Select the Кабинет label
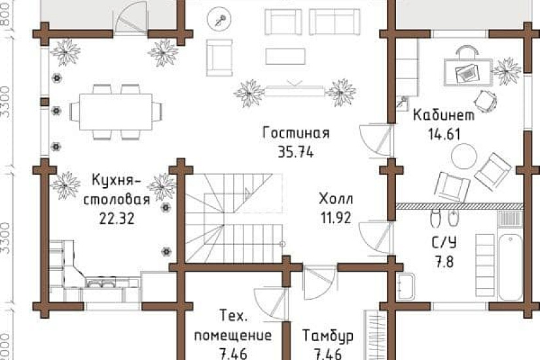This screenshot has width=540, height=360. [x=443, y=116]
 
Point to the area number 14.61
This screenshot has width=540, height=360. [x=445, y=135]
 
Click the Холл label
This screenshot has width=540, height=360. [x=336, y=198]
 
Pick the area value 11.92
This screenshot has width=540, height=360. [x=335, y=218]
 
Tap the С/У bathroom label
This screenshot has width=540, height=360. [x=444, y=242]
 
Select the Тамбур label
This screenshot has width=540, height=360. [x=328, y=336]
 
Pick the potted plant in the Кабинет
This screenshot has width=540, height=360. [x=507, y=67]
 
